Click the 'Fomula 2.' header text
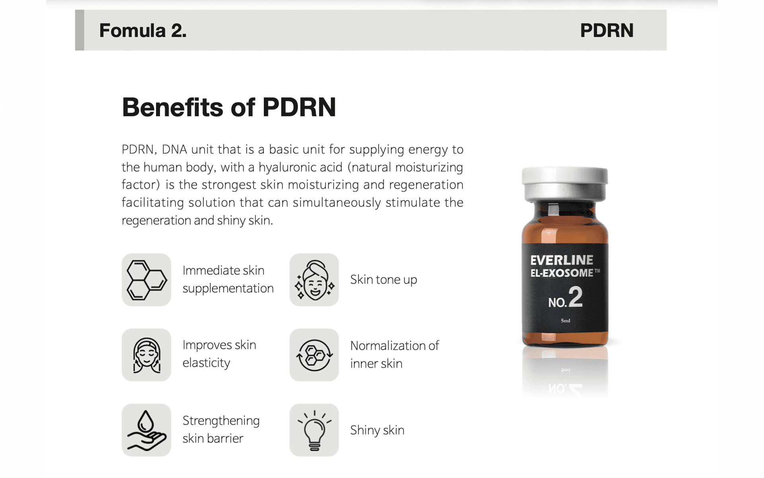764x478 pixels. point(143,31)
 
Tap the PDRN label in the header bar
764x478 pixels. point(607,31)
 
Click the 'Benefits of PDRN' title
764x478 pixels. point(229,107)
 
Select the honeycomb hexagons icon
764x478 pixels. point(146,280)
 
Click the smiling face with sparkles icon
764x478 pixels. point(314,280)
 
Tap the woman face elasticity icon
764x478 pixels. point(146,355)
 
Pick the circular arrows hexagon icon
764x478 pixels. point(314,355)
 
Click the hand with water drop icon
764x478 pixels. point(146,430)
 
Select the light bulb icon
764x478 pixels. point(314,430)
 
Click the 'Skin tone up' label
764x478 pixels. point(384,280)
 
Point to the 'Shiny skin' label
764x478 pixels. point(377,430)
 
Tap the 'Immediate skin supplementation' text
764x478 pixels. point(228,279)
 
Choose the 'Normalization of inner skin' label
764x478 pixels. point(394,355)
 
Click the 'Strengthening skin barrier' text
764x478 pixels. point(221,429)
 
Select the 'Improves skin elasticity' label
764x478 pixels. point(219,354)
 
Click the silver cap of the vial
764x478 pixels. point(565,184)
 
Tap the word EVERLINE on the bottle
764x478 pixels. point(561,260)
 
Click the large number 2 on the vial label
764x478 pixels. point(575,297)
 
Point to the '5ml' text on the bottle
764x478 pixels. point(565,321)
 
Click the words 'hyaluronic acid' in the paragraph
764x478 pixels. point(300,167)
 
